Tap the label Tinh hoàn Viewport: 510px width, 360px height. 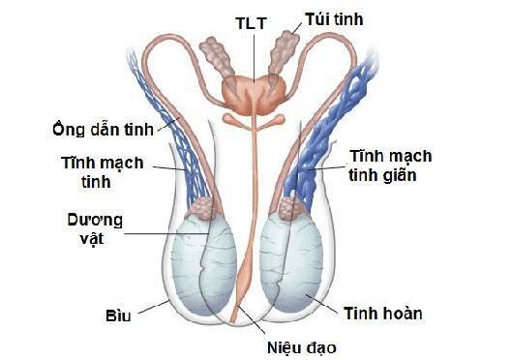pos(382,314)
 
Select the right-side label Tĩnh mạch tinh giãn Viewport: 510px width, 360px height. pos(392,165)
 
